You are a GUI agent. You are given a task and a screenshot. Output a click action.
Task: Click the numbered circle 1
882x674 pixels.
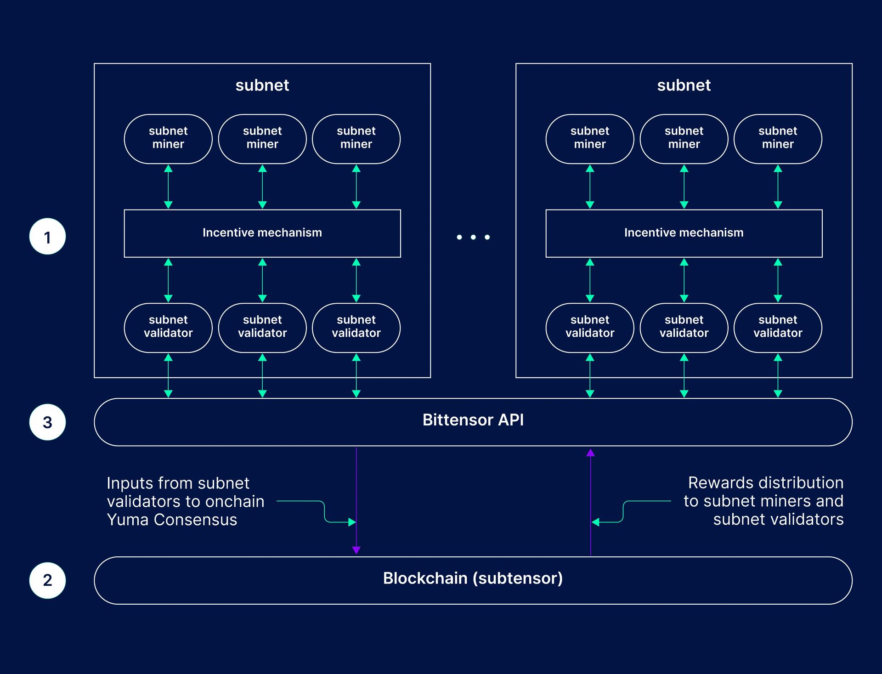click(x=47, y=237)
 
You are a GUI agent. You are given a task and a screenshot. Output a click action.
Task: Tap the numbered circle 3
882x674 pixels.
click(x=47, y=422)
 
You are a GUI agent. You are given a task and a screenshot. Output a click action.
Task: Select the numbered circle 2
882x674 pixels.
click(x=47, y=580)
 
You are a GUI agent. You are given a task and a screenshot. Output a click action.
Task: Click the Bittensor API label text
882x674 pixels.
click(x=473, y=420)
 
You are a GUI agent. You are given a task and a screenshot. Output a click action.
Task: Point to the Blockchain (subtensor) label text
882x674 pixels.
click(x=473, y=578)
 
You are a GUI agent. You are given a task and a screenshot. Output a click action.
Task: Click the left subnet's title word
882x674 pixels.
click(x=262, y=85)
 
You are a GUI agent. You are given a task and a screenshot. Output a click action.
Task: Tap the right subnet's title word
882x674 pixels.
click(x=684, y=85)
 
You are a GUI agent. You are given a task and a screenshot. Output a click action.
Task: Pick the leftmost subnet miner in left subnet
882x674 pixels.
click(x=168, y=139)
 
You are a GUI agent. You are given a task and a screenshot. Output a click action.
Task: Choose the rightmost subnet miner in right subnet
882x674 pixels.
click(x=778, y=139)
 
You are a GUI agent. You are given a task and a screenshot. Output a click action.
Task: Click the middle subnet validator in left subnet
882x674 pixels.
click(x=262, y=328)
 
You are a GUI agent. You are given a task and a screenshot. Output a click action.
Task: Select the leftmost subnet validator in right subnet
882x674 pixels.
click(x=590, y=328)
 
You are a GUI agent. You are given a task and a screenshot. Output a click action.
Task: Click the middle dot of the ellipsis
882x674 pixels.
click(x=473, y=237)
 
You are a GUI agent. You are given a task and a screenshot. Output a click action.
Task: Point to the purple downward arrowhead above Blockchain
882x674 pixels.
click(x=356, y=550)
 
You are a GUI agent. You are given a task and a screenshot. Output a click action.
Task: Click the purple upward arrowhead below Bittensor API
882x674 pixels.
click(x=591, y=453)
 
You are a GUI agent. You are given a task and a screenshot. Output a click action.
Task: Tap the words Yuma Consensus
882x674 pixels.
click(x=172, y=520)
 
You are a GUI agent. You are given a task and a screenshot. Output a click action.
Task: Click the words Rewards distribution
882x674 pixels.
click(x=766, y=482)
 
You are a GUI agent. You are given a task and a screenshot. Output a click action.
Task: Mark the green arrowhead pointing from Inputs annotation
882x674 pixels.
click(x=352, y=522)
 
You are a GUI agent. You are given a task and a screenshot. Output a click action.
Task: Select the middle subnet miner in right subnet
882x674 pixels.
click(x=684, y=139)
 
